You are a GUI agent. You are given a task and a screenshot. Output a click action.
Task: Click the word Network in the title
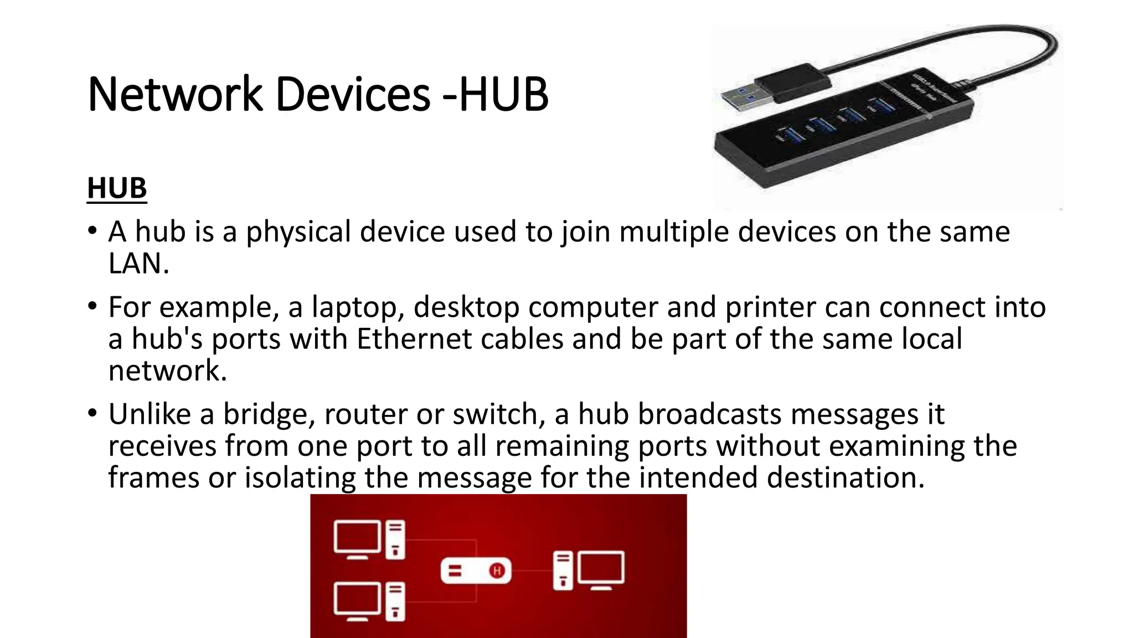pos(174,94)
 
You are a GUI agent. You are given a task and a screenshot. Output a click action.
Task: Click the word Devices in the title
pos(353,94)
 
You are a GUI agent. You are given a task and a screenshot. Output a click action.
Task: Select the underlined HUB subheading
pos(117,188)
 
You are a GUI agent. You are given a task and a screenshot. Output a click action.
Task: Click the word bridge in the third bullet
pos(269,414)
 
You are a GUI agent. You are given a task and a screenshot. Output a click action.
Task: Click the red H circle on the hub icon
pos(497,570)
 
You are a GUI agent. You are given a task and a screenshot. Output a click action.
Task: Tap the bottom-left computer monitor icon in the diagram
pos(357,600)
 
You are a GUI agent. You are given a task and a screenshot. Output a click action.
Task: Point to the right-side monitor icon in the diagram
pos(601,569)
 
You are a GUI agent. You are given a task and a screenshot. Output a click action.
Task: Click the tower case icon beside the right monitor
pos(563,571)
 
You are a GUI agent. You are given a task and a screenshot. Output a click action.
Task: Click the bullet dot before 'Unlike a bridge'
pos(92,413)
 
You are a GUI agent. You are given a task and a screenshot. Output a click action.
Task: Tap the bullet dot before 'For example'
pos(92,306)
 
